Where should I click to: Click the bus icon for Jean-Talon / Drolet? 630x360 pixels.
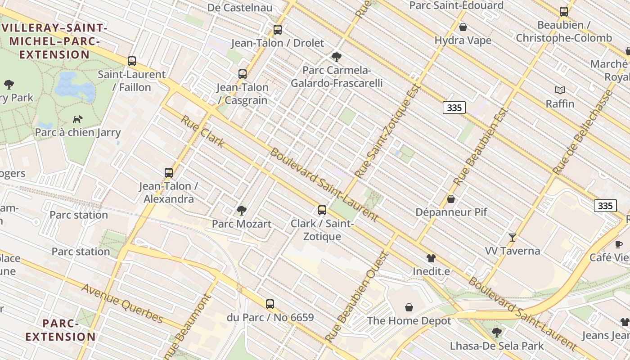[278, 30]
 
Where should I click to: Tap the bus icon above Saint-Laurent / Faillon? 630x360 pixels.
[132, 61]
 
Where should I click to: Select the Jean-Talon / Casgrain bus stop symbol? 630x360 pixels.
[243, 74]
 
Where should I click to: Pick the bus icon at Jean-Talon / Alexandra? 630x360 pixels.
[169, 172]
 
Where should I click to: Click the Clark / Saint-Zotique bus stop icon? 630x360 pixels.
[322, 210]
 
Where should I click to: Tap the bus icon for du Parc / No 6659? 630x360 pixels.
[270, 304]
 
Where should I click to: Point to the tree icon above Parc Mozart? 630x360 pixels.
[242, 210]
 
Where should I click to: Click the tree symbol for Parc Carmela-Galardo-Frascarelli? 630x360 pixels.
[336, 57]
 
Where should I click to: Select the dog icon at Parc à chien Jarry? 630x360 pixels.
[78, 119]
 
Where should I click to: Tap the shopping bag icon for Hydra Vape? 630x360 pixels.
[463, 27]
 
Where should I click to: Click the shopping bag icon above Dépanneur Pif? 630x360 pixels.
[451, 199]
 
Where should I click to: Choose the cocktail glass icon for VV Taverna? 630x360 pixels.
[512, 237]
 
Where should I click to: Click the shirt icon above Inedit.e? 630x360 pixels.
[431, 258]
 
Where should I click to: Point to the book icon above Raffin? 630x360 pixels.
[560, 90]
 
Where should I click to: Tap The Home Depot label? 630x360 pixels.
[409, 321]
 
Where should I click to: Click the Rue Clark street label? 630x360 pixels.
[202, 131]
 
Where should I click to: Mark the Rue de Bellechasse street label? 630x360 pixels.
[583, 132]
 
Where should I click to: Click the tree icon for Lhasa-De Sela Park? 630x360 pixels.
[497, 333]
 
